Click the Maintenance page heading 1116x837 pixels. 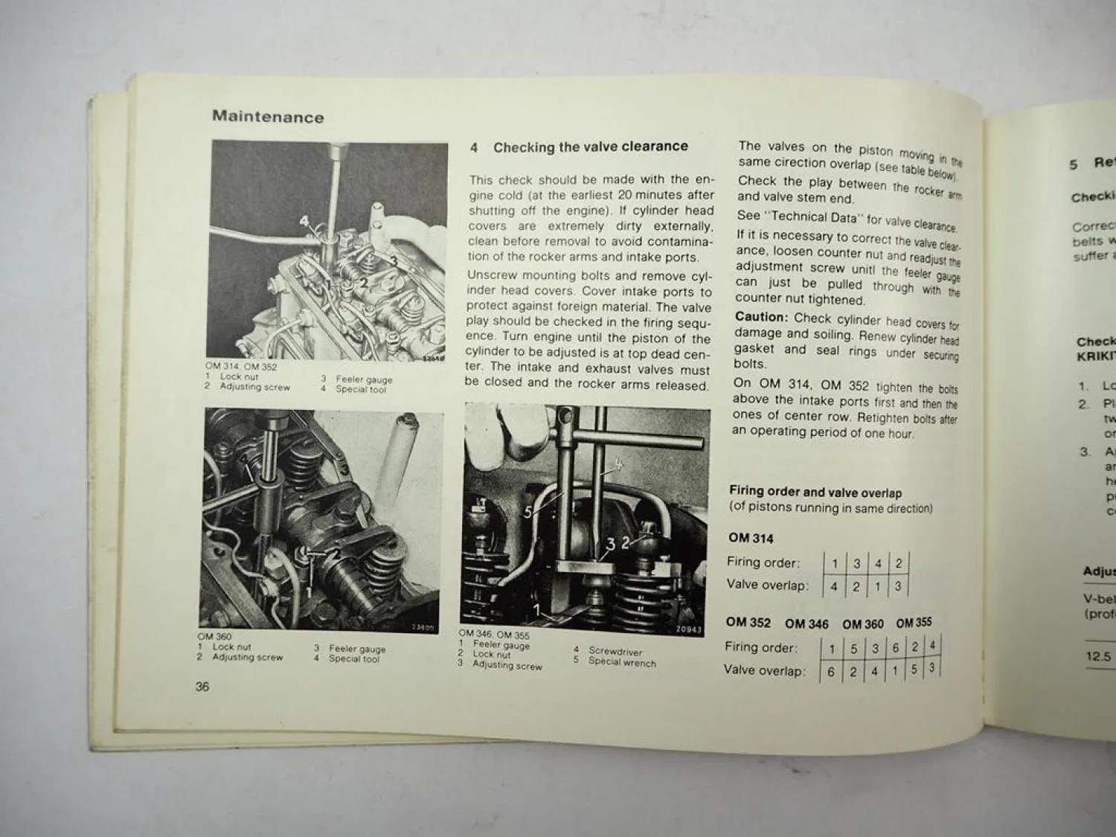(268, 117)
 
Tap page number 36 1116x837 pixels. (202, 687)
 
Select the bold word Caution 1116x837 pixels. (761, 318)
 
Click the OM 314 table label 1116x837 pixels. (751, 539)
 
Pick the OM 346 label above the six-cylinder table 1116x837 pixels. (806, 624)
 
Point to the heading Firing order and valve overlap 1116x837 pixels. (815, 493)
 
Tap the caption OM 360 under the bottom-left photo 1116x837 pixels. (214, 637)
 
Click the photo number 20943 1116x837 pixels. (689, 629)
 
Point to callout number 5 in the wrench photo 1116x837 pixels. (528, 512)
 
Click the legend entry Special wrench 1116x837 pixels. (622, 663)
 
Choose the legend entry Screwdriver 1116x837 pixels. (615, 651)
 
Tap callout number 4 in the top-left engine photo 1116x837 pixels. (304, 221)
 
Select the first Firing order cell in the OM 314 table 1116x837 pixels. (835, 564)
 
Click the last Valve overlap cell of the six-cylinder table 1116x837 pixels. (931, 668)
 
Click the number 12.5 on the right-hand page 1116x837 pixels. (1097, 657)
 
